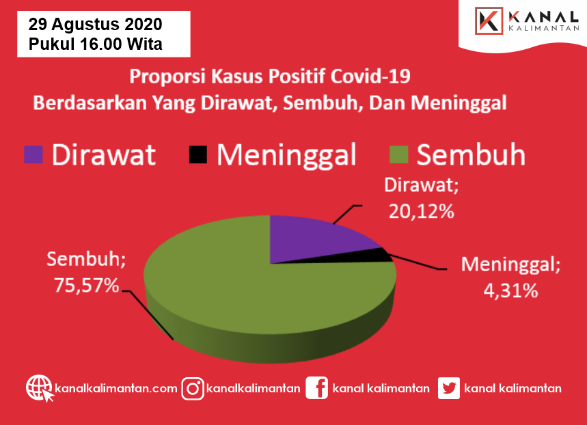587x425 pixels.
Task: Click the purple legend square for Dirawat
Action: pyautogui.click(x=33, y=154)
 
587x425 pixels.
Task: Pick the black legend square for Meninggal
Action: pyautogui.click(x=198, y=154)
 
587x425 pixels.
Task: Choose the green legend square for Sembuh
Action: pyautogui.click(x=398, y=154)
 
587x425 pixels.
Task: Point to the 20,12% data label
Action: pyautogui.click(x=421, y=212)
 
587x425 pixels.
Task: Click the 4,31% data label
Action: pyautogui.click(x=510, y=290)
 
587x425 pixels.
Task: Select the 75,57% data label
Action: pyautogui.click(x=87, y=286)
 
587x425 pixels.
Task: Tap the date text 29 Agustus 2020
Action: pyautogui.click(x=95, y=25)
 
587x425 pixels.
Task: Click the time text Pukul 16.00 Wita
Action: pyautogui.click(x=95, y=44)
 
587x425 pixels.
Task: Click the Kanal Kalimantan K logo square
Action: pyautogui.click(x=489, y=20)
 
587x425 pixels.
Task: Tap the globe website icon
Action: pyautogui.click(x=40, y=388)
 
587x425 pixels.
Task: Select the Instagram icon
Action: pyautogui.click(x=193, y=389)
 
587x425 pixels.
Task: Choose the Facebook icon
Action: pyautogui.click(x=316, y=388)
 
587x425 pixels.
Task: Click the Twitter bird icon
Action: pyautogui.click(x=449, y=388)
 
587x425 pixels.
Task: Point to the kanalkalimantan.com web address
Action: pyautogui.click(x=116, y=388)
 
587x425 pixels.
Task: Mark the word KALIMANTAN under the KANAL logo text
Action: pyautogui.click(x=544, y=29)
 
